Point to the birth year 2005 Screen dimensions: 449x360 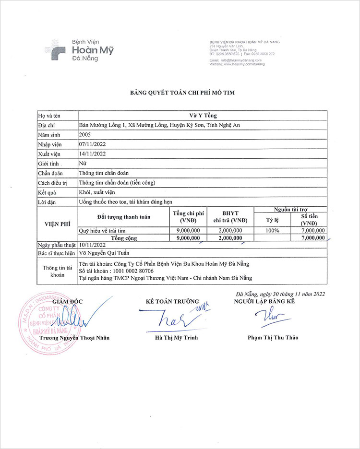point(84,135)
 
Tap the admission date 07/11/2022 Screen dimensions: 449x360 point(92,144)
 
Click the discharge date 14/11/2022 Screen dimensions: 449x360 point(92,154)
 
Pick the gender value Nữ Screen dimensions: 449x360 point(83,164)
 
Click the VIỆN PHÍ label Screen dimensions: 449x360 point(57,224)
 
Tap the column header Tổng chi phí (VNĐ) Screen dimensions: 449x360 point(188,217)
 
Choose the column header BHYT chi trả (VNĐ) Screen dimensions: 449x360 point(230,217)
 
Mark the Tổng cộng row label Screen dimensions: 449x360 point(124,237)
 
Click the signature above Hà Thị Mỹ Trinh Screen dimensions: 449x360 point(168,319)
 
